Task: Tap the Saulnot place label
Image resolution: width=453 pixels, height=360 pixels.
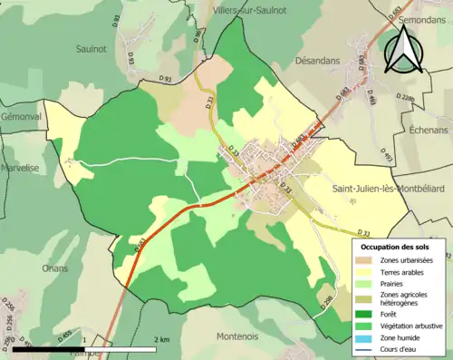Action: [x=92, y=48]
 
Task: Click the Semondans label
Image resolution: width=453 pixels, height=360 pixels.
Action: [x=425, y=18]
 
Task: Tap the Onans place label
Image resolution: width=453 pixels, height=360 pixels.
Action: [x=55, y=268]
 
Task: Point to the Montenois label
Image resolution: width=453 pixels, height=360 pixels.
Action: [x=237, y=336]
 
